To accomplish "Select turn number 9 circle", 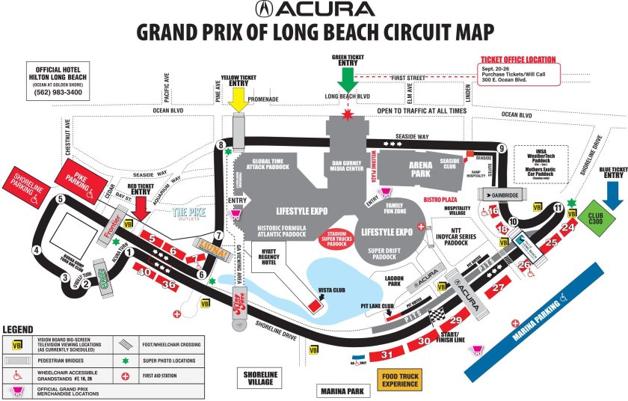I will tap(502, 147).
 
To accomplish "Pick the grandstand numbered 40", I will tap(144, 273).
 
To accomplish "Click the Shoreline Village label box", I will tap(260, 379).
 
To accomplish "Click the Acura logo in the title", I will tap(314, 10).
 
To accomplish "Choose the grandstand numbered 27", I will tap(499, 287).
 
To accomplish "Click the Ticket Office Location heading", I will tap(518, 60).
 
